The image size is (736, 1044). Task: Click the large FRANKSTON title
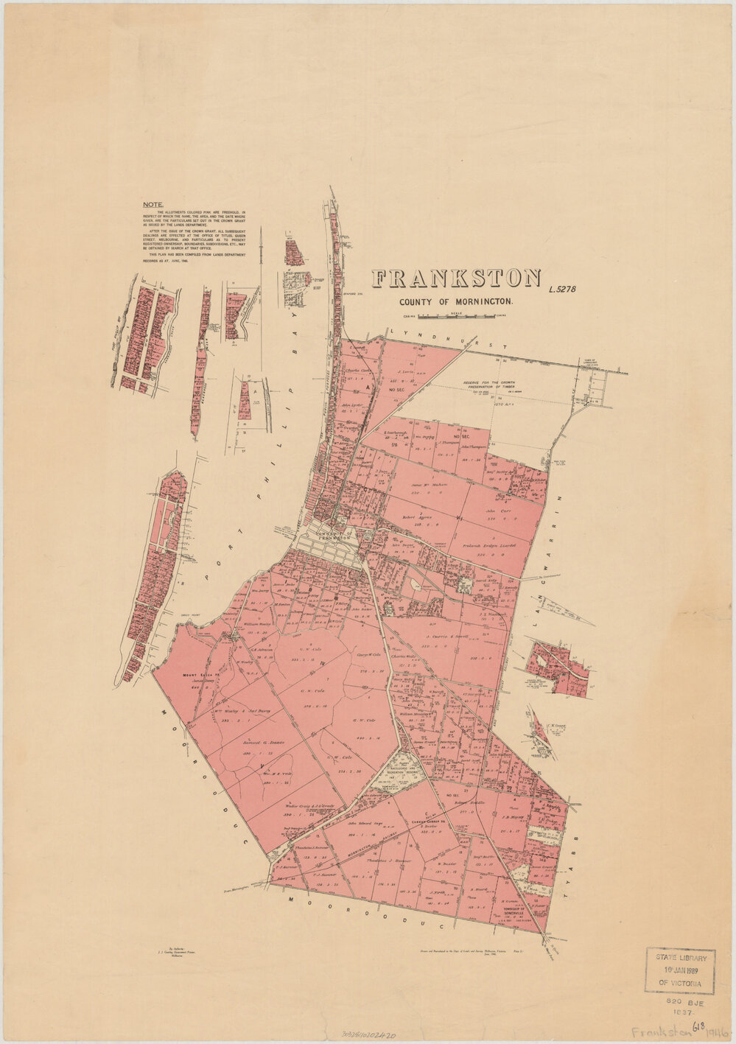(x=456, y=279)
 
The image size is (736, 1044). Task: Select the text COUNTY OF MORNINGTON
(x=456, y=302)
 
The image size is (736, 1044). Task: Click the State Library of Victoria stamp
(x=681, y=972)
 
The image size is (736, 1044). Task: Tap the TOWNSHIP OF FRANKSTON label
(x=329, y=535)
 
